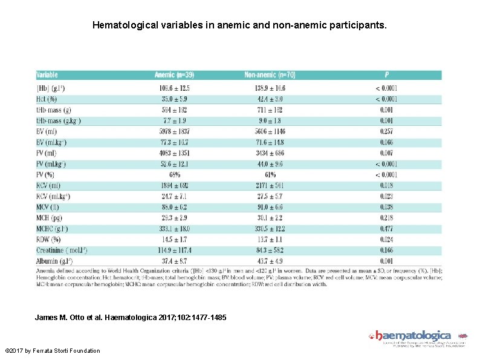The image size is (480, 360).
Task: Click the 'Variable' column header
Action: pos(47,75)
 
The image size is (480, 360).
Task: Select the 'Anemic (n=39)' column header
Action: pos(174,75)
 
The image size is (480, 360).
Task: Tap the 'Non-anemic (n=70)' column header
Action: pos(270,75)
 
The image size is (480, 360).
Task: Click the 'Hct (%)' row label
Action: pos(47,99)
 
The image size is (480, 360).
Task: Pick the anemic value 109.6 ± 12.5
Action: pos(175,88)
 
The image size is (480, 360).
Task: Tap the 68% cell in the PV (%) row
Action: pos(175,175)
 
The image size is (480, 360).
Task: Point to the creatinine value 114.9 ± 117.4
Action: pos(175,250)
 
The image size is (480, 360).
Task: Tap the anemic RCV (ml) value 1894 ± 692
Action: pos(175,185)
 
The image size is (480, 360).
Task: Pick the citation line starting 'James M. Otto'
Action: pos(131,317)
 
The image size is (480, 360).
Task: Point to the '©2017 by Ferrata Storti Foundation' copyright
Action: pos(52,351)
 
